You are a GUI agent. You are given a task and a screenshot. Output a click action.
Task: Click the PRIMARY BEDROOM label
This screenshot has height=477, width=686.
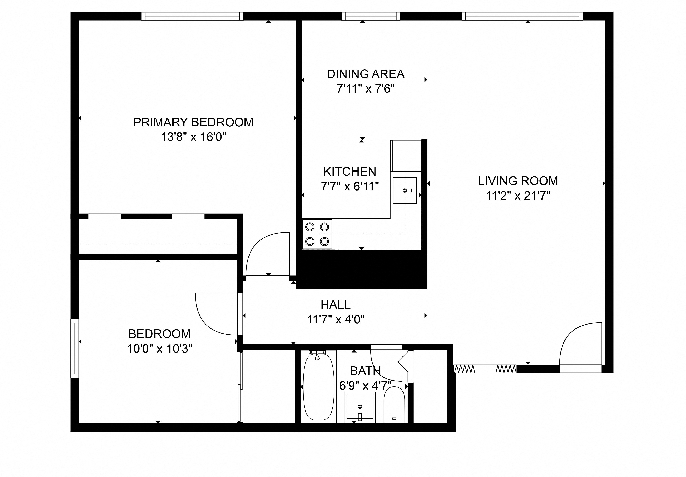[193, 122]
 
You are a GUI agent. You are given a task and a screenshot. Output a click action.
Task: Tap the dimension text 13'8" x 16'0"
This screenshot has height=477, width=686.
[193, 137]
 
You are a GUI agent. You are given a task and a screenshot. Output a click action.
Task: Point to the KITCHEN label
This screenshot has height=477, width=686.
[350, 172]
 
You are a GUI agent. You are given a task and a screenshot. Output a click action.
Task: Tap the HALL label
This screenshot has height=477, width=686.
[335, 305]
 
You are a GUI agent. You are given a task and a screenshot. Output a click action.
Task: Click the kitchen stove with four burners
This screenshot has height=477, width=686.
[317, 234]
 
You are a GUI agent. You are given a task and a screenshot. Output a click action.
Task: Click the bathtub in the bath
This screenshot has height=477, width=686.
[319, 387]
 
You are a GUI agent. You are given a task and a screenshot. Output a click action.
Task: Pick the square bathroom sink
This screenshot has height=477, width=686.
[360, 407]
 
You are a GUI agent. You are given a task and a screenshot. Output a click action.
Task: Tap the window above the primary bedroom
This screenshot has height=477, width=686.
[192, 16]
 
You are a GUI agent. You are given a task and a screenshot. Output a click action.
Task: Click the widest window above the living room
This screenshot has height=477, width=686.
[522, 16]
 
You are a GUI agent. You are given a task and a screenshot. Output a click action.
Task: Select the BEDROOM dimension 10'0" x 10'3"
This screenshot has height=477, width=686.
[160, 349]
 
